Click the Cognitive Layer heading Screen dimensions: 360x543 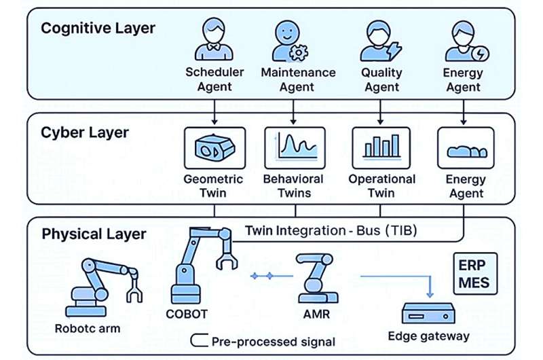[98, 29]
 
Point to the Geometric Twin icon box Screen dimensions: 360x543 [214, 148]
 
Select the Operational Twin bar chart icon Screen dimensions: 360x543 [381, 147]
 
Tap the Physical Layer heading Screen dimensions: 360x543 [94, 234]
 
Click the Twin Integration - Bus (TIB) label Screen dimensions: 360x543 [331, 231]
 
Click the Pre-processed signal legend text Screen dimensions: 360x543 [273, 341]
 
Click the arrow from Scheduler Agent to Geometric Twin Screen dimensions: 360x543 [214, 107]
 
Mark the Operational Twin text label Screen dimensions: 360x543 [381, 186]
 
